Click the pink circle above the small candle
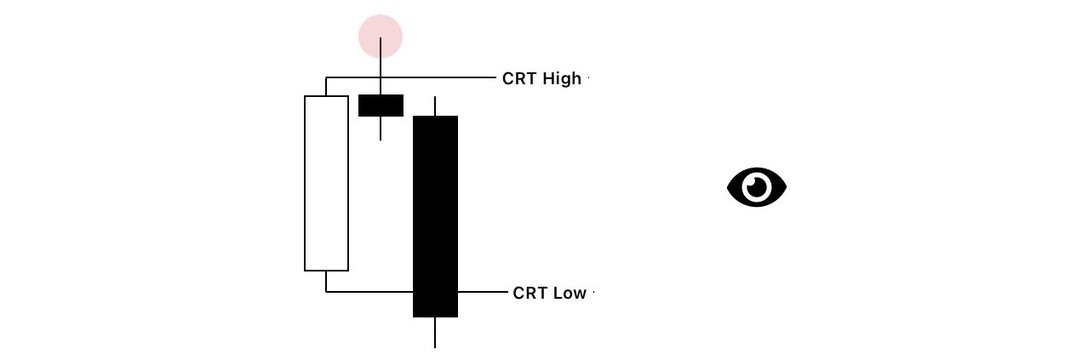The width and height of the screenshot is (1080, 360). point(380,36)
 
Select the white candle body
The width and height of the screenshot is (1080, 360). point(326,183)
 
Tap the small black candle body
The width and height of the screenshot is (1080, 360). point(381,105)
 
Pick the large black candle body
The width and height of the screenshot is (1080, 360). point(435,216)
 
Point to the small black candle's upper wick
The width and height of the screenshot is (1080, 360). point(380,66)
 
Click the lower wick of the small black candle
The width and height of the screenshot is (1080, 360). point(380,129)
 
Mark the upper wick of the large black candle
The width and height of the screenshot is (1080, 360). point(435,106)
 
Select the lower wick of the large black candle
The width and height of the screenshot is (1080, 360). point(435,332)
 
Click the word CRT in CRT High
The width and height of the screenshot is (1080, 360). point(520,78)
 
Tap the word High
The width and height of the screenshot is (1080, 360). point(562,79)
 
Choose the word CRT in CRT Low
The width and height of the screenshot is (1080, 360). point(530,293)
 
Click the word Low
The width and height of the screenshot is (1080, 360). point(570,293)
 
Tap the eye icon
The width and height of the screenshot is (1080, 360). point(757,187)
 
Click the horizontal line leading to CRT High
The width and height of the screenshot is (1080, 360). point(411,77)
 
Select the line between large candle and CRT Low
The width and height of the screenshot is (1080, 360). point(482,292)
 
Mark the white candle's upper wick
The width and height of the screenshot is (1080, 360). point(326,86)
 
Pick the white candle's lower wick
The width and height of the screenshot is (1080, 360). point(326,282)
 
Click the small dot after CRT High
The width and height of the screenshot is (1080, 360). point(589,78)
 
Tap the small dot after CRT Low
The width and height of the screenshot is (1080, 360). point(593,293)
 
